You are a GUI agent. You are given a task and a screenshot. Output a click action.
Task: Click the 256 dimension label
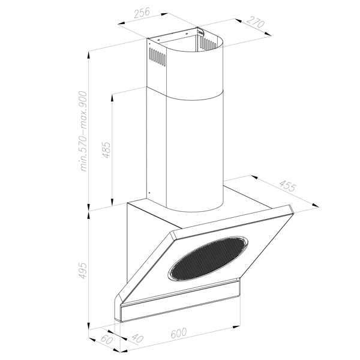142,13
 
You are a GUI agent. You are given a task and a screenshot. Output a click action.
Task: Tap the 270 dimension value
256,22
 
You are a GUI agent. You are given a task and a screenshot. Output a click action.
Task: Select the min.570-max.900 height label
83,131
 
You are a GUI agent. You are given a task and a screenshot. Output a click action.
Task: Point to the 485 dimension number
106,150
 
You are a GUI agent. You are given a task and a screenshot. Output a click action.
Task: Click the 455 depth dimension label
287,186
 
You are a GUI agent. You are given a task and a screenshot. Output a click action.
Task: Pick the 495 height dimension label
83,270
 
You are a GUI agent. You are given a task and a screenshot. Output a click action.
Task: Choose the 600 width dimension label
179,332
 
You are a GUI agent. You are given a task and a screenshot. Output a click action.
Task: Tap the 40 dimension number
138,338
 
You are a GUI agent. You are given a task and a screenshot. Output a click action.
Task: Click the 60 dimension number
107,340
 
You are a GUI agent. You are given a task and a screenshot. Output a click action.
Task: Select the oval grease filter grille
208,257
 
